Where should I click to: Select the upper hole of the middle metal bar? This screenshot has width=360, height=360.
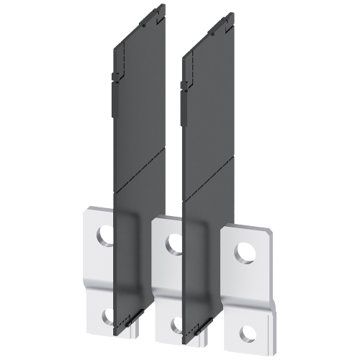point(173,244)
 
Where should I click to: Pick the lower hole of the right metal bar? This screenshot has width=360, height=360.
point(247,332)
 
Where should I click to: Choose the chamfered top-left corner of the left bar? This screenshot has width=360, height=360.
point(87,210)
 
